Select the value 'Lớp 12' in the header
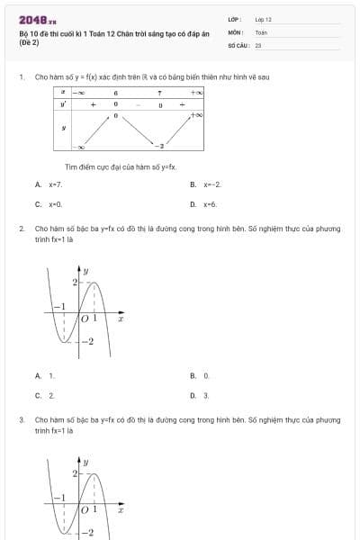point(263,19)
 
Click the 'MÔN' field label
point(235,31)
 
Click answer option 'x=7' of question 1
point(55,184)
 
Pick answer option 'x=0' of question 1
point(55,204)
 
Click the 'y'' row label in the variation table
point(63,104)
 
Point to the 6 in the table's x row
point(116,92)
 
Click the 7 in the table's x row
point(159,92)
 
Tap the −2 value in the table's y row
point(159,146)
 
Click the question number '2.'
point(21,229)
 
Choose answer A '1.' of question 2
point(50,375)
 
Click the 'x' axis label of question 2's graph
point(120,319)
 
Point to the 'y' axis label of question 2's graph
point(86,270)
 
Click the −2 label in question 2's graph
point(86,342)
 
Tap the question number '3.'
point(21,419)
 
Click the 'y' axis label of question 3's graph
point(86,461)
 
